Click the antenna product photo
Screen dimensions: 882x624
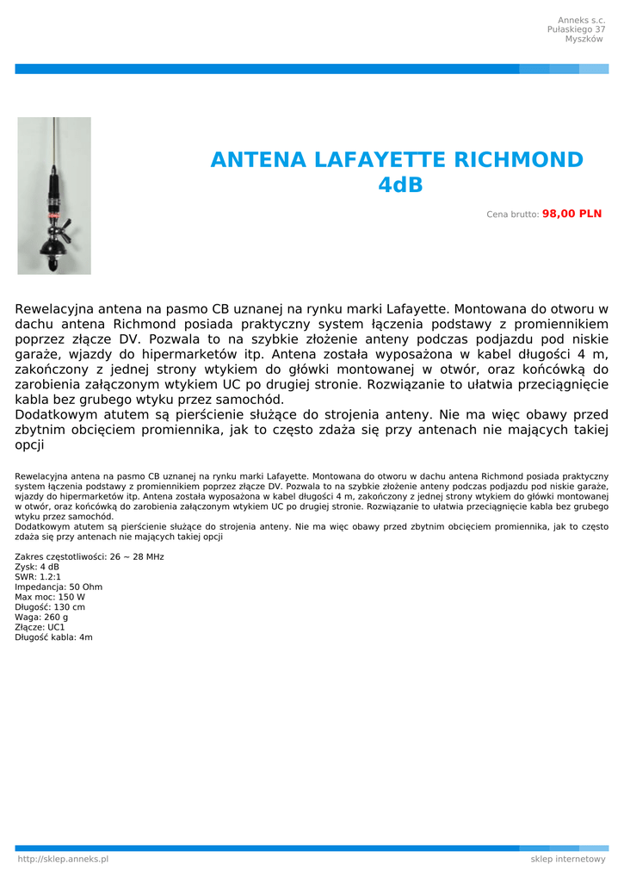click(54, 196)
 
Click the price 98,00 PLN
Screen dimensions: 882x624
click(571, 214)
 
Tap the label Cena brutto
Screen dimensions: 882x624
click(513, 214)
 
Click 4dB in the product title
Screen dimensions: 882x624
click(400, 185)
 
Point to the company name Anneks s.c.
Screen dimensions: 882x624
click(581, 20)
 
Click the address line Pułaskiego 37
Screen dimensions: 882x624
click(576, 29)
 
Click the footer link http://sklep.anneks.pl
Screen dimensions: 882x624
click(63, 859)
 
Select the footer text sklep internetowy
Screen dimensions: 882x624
click(568, 859)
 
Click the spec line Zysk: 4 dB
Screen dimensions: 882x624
click(37, 567)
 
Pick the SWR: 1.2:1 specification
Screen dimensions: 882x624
click(38, 577)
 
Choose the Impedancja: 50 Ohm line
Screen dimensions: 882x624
click(59, 587)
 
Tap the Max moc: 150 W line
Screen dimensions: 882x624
click(50, 597)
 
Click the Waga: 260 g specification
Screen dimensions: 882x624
click(41, 617)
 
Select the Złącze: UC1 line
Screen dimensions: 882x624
click(40, 627)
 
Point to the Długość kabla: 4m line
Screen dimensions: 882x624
click(53, 637)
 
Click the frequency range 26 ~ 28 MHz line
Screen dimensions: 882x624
click(90, 556)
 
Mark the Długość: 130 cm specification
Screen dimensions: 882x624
click(50, 607)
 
